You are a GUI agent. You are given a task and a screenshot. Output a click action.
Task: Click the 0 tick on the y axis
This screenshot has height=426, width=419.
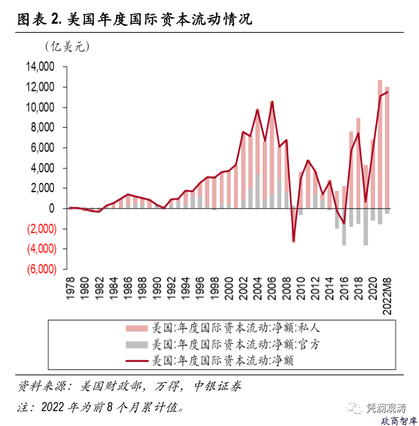[x=51, y=209]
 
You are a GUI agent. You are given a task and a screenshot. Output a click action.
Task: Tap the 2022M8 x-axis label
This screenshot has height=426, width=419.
[x=387, y=296]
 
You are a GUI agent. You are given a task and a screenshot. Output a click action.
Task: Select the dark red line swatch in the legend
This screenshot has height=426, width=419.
[x=135, y=360]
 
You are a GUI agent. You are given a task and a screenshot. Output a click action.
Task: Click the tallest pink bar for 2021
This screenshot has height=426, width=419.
[x=380, y=144]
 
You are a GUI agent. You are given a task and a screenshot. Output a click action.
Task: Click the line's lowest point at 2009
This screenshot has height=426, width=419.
[x=294, y=241]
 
